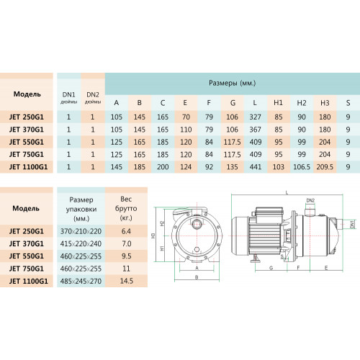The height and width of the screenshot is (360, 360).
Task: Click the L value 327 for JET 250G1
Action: [255, 117]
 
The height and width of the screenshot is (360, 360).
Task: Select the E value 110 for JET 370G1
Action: [186, 130]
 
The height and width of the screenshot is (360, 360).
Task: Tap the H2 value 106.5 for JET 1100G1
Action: [302, 167]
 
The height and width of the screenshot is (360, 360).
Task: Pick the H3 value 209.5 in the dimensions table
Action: [325, 167]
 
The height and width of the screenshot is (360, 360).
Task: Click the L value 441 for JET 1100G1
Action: [255, 167]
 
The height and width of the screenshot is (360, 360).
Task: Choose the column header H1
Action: [278, 103]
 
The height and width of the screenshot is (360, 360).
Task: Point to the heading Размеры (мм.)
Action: [232, 83]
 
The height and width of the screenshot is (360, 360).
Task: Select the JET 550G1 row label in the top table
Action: [27, 142]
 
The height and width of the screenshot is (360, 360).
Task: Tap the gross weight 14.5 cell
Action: [126, 281]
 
